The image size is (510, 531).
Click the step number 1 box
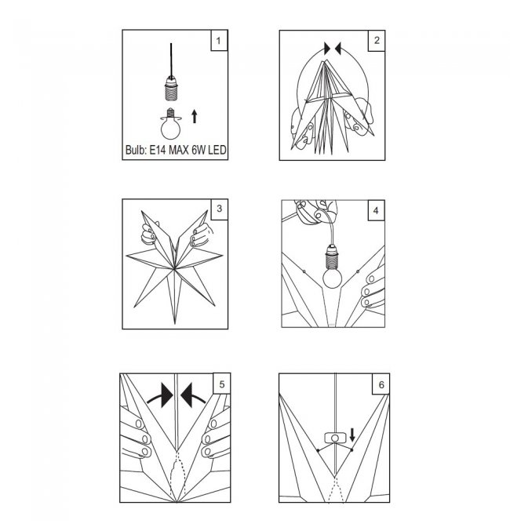pos(219,40)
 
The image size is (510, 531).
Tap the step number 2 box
pos(377,41)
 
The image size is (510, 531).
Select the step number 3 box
pos(219,209)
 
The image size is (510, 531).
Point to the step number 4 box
pos(376,210)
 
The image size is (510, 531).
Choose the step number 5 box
pos(221,384)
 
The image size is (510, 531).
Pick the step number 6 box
pos(381,384)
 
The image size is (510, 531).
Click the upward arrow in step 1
pos(194,116)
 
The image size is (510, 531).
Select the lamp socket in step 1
pos(172,88)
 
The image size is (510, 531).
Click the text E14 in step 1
pos(157,150)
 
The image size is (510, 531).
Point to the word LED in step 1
pos(217,150)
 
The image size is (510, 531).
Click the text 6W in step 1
pos(199,150)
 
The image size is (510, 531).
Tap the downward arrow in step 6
pos(352,435)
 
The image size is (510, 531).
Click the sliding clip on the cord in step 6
pos(335,438)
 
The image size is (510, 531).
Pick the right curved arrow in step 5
pos(193,395)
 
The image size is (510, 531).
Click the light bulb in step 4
pos(332,278)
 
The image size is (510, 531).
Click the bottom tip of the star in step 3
pos(175,323)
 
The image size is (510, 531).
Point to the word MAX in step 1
pos(179,150)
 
